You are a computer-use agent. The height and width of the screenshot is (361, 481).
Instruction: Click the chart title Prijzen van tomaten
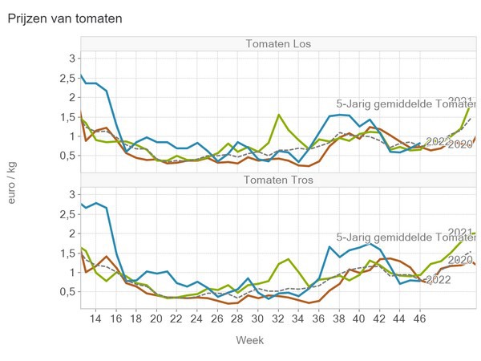point(65,18)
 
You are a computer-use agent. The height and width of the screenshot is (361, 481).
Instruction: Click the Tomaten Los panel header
point(279,43)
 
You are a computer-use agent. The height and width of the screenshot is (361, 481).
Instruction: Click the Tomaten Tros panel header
point(279,179)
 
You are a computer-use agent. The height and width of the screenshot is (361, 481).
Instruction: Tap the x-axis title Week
point(249,340)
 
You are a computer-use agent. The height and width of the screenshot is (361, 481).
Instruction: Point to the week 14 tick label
point(96,318)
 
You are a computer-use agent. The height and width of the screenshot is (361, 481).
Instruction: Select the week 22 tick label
point(177,318)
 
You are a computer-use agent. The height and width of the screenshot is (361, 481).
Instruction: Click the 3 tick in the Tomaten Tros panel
point(71,194)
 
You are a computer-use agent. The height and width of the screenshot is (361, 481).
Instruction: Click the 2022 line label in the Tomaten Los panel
point(437,141)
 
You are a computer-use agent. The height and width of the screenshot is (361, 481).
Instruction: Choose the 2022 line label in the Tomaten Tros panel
point(438,279)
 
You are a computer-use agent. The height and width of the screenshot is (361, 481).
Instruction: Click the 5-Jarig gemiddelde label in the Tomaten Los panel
point(406,103)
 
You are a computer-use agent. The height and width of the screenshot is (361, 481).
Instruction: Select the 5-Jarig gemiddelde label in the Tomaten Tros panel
point(406,237)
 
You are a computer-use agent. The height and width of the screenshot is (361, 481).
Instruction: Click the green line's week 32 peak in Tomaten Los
point(279,115)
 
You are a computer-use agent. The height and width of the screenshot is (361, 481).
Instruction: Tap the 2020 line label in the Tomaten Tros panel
point(460,260)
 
